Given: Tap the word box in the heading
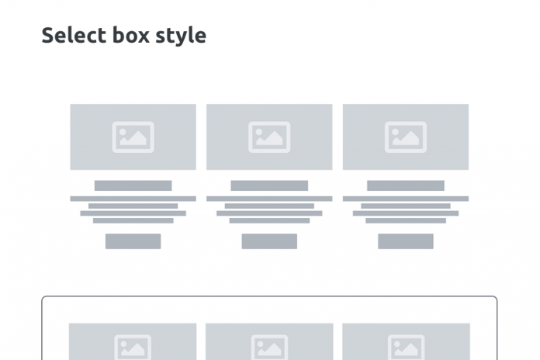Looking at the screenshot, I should [x=130, y=36].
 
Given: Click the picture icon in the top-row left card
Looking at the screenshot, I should [x=133, y=137].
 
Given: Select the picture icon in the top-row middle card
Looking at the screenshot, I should [x=269, y=137].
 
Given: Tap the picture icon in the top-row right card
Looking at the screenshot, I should [x=406, y=137].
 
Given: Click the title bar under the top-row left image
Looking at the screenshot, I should [x=133, y=185].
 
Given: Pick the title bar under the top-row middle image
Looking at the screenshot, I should [x=269, y=185].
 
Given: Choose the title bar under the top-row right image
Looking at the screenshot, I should [x=406, y=185].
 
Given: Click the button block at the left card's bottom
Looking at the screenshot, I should [x=133, y=241].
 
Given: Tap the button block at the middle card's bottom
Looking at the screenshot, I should [x=269, y=241].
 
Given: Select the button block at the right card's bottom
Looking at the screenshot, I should [x=406, y=241].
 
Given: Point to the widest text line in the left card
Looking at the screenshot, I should [x=133, y=199].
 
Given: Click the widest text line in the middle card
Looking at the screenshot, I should [x=269, y=199].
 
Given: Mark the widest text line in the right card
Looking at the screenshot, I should [x=406, y=199].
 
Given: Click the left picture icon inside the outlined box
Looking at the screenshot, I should [x=133, y=348].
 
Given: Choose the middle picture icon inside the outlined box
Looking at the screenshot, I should [x=269, y=348].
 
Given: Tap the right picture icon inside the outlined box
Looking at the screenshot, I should [x=406, y=348].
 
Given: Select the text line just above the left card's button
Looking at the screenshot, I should [x=133, y=220].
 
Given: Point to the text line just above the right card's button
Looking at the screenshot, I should [x=406, y=220].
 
